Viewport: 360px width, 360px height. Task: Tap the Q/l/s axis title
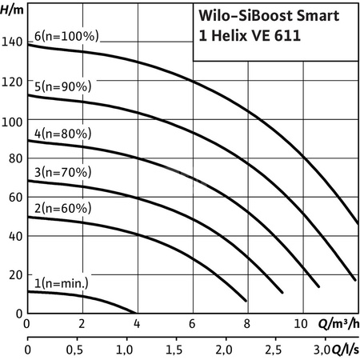(344, 350)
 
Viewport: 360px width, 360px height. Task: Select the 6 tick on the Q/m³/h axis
(192, 325)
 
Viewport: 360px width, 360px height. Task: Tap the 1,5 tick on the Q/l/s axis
(174, 350)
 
